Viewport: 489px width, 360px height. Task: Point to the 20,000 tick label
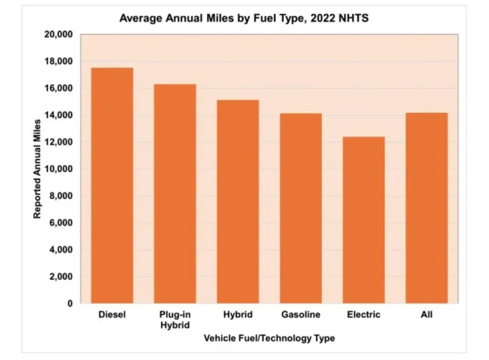pos(58,35)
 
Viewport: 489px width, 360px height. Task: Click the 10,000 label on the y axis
pos(58,169)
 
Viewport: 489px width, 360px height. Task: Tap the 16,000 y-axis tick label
pos(58,88)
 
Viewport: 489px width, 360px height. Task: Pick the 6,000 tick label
pos(60,223)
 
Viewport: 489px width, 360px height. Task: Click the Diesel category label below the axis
pos(112,314)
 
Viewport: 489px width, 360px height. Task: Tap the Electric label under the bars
pos(363,314)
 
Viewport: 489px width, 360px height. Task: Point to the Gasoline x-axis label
pos(301,314)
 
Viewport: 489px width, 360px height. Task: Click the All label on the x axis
pos(427,314)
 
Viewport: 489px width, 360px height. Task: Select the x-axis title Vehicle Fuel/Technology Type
pos(269,338)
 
